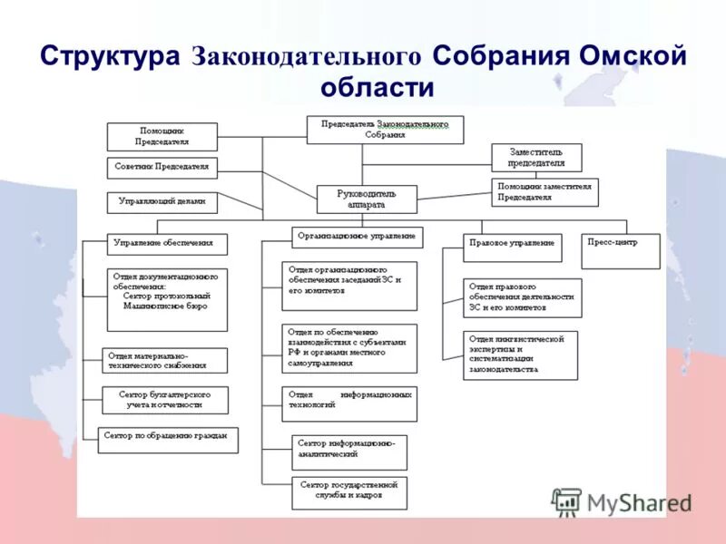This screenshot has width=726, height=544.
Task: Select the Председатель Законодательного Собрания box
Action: click(385, 130)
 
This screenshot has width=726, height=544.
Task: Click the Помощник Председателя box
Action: click(162, 137)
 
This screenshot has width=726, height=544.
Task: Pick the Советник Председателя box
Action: click(162, 168)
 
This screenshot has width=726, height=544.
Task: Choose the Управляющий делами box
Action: click(162, 202)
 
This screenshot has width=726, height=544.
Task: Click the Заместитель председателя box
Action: click(536, 158)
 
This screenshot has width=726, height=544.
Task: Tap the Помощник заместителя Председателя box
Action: click(545, 191)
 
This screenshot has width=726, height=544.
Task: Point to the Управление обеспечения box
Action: click(167, 245)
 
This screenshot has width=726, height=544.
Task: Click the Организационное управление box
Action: click(358, 237)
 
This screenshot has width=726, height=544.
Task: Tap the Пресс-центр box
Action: click(620, 250)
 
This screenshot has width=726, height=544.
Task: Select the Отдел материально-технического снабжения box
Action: click(165, 361)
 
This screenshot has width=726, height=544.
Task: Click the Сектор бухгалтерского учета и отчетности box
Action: click(165, 400)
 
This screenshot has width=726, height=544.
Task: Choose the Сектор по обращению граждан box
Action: click(168, 440)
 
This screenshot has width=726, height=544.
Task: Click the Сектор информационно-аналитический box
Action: click(349, 452)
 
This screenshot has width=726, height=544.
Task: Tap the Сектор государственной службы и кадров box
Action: click(349, 492)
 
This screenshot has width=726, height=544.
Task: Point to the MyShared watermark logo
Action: click(622, 502)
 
